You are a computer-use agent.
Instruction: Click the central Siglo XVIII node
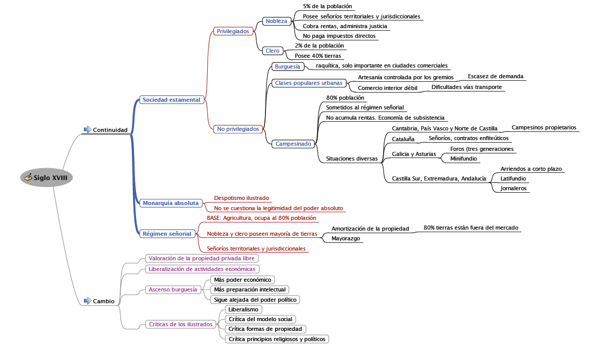click(47, 177)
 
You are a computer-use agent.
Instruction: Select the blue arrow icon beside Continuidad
click(87, 129)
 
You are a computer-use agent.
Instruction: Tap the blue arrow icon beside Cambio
click(87, 301)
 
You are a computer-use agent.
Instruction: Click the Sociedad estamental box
click(171, 100)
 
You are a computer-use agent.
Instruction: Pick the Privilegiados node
click(233, 31)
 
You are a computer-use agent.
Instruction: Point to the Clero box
click(272, 51)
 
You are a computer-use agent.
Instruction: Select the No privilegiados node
click(238, 129)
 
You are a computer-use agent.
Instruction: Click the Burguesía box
click(287, 66)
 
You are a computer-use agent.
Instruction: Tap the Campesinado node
click(293, 144)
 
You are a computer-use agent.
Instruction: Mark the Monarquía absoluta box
click(170, 203)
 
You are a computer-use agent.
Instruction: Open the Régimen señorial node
click(167, 234)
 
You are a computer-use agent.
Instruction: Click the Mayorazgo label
click(346, 238)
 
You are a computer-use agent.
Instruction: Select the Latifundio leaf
click(513, 178)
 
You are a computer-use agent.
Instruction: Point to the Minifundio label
click(463, 159)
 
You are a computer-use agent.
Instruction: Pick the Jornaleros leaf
click(514, 188)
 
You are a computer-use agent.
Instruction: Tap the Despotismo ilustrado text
click(241, 198)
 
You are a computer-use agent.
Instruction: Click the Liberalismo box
click(243, 309)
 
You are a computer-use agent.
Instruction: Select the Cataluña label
click(403, 139)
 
